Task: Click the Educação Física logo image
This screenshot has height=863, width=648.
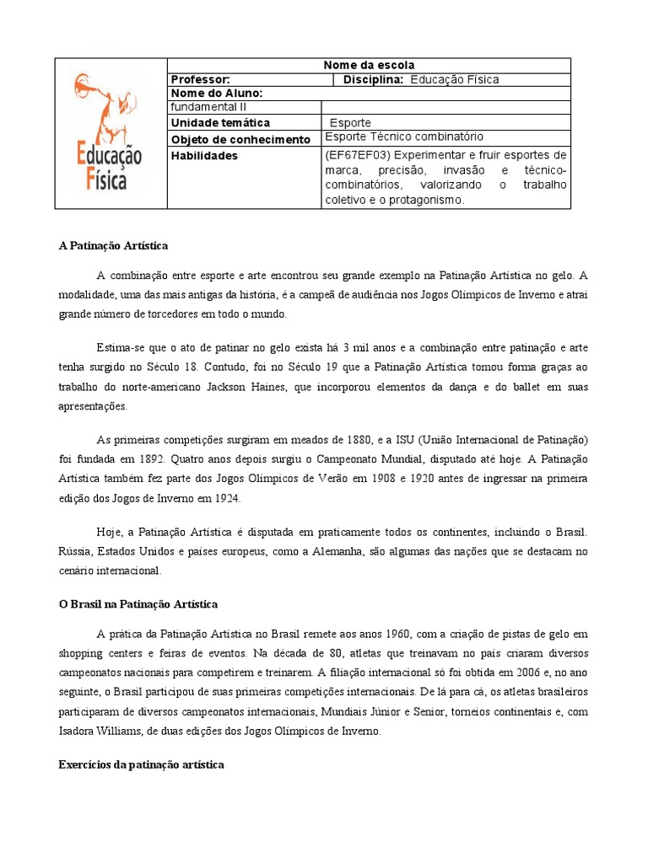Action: click(111, 132)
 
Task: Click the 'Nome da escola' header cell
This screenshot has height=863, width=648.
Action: click(370, 65)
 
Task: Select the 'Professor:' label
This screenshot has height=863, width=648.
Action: click(200, 79)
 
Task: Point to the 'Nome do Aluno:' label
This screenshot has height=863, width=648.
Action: click(217, 93)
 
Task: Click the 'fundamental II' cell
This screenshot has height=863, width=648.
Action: click(208, 107)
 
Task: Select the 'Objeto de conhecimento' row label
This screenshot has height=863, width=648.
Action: click(240, 139)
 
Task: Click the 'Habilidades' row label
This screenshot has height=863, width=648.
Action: click(204, 156)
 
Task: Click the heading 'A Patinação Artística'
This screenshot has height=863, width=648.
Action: click(113, 245)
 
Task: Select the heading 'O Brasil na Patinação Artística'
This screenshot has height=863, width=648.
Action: click(138, 603)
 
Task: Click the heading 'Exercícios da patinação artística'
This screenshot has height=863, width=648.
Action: click(141, 764)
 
